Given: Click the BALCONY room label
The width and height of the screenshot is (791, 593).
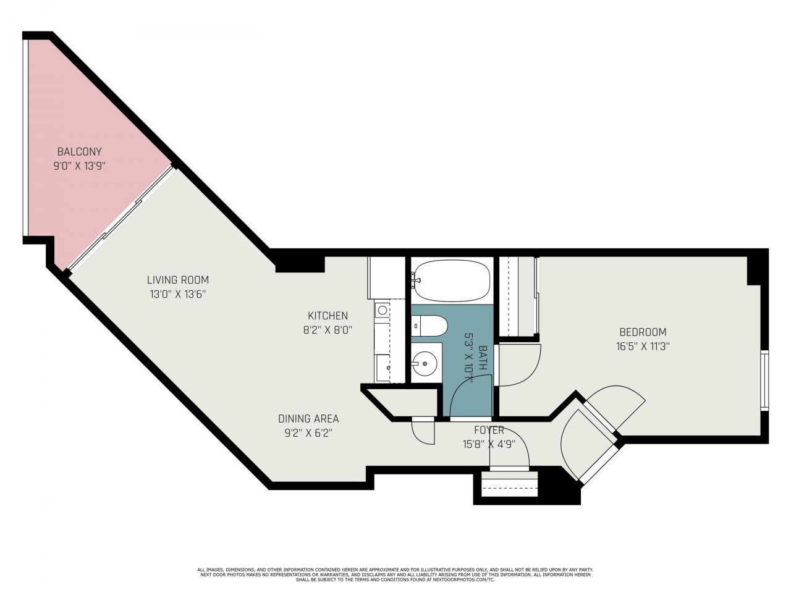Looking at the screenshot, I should click(x=79, y=151).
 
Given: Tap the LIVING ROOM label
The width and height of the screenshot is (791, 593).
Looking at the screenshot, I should click(x=177, y=280).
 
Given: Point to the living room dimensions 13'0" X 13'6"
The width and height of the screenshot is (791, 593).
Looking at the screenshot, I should click(x=177, y=294).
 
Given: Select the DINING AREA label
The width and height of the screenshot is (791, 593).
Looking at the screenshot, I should click(x=308, y=419).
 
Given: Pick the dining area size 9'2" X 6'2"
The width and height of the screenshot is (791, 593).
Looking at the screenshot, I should click(x=308, y=433).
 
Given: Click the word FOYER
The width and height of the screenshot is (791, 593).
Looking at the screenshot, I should click(x=489, y=430).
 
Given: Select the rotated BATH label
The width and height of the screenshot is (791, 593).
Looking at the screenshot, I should click(x=483, y=358).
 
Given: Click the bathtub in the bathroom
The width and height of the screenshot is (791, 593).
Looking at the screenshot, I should click(x=452, y=280).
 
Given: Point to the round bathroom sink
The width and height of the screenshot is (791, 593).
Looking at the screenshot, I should click(x=425, y=363).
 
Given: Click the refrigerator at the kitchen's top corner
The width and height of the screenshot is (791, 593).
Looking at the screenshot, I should click(x=386, y=277).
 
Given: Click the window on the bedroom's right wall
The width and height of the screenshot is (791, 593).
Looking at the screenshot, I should click(x=764, y=380).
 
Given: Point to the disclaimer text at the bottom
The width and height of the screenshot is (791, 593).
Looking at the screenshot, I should click(x=395, y=574).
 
